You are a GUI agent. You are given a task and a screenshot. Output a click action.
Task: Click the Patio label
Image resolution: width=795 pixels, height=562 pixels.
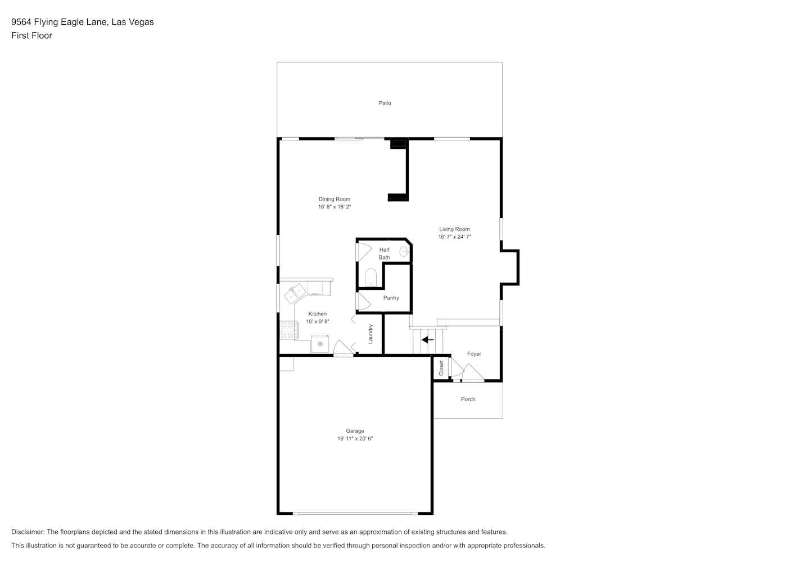point(385,103)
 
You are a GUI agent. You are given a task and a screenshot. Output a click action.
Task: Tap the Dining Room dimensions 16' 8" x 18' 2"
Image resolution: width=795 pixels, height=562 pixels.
point(335,207)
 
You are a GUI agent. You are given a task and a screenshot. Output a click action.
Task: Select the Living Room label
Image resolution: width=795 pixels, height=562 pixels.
point(454,229)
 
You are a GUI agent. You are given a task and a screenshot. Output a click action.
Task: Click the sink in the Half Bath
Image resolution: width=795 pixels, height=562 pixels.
point(404,252)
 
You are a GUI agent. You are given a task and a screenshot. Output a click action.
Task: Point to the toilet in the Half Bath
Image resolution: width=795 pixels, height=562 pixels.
point(371,277)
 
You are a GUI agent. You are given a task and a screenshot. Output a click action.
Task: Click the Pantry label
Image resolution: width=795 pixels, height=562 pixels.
point(391,298)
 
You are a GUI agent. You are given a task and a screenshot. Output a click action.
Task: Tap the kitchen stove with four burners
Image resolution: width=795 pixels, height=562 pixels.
point(288,330)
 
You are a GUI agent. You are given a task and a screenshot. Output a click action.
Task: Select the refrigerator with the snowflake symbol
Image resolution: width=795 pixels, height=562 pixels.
point(320,344)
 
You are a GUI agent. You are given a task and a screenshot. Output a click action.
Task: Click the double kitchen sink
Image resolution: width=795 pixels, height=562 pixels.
point(295,293)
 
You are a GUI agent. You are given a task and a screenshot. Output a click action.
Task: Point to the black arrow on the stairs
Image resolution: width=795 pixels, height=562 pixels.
point(427,340)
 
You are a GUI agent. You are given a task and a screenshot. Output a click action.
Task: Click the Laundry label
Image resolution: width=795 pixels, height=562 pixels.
point(371,334)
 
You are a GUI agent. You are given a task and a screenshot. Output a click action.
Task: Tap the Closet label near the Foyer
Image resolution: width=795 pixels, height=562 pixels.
point(441,368)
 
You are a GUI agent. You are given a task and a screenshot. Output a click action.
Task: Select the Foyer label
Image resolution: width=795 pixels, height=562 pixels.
point(474,353)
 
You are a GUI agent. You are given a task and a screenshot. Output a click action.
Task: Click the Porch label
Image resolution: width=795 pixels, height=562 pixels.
point(468,399)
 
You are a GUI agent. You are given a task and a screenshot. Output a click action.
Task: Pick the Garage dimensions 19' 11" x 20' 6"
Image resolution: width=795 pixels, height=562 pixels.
point(355,438)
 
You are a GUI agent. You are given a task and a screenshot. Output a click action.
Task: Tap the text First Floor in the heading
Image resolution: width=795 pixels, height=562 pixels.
point(31,35)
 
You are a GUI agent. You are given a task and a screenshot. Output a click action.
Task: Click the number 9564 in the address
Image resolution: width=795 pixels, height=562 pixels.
point(21,22)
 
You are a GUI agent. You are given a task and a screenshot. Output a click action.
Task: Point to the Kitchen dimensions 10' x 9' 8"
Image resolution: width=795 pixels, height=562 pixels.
point(318,321)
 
